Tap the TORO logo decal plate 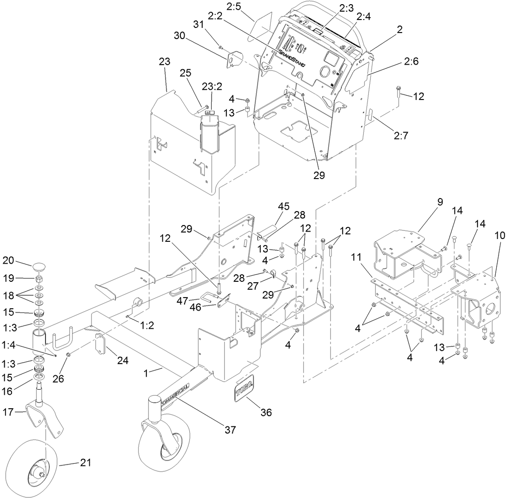pos(244,385)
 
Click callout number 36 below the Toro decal pos(266,412)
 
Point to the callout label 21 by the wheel pos(86,463)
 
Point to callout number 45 pos(284,206)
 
